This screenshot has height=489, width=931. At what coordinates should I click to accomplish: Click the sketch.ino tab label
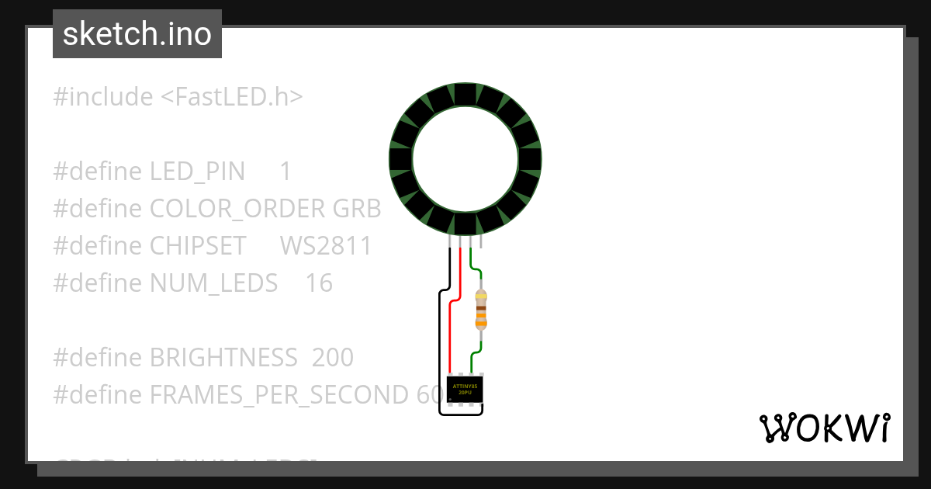click(x=137, y=34)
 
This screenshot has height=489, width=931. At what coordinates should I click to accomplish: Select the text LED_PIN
click(x=197, y=172)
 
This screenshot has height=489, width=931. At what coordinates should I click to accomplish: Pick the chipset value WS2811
click(x=326, y=246)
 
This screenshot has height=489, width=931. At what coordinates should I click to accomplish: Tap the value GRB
click(x=357, y=209)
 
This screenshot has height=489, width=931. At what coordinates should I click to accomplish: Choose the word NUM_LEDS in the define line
click(x=213, y=283)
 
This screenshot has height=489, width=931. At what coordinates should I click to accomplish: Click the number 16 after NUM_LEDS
click(x=319, y=283)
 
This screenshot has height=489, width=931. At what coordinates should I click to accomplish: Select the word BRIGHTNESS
click(x=223, y=358)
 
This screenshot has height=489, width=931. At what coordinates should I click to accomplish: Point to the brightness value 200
click(x=333, y=358)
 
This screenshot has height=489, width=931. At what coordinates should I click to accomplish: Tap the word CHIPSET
click(x=198, y=246)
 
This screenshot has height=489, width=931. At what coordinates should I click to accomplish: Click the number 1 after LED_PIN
click(x=286, y=172)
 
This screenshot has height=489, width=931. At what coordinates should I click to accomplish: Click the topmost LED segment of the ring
click(x=465, y=94)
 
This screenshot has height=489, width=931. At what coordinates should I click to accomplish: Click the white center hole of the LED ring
click(x=465, y=159)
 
